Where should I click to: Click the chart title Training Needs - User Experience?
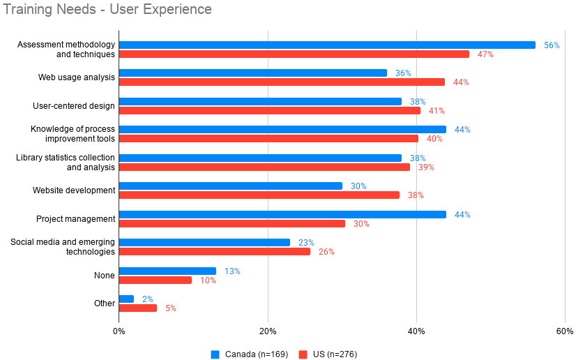pos(108,10)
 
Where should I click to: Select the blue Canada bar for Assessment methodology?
pos(327,45)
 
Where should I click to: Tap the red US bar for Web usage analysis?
pos(282,82)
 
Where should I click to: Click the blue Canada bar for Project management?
pos(282,215)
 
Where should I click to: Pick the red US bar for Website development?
pos(259,195)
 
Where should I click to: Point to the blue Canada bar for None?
pos(167,271)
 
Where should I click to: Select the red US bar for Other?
pos(138,308)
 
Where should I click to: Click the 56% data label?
pos(552,45)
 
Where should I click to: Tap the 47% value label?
pos(485,54)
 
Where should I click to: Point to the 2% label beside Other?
pos(147,299)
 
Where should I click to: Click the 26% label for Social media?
pos(326,252)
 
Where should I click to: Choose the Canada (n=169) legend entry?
pos(249,354)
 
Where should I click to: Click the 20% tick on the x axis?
pos(268,331)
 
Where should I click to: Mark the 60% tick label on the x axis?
pos(565,331)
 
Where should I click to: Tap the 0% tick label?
pos(119,331)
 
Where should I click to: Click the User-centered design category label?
pos(74,106)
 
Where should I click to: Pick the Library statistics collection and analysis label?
pos(66,163)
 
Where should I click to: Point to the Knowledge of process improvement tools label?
pos(73,134)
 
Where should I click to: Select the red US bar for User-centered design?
pos(270,110)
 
